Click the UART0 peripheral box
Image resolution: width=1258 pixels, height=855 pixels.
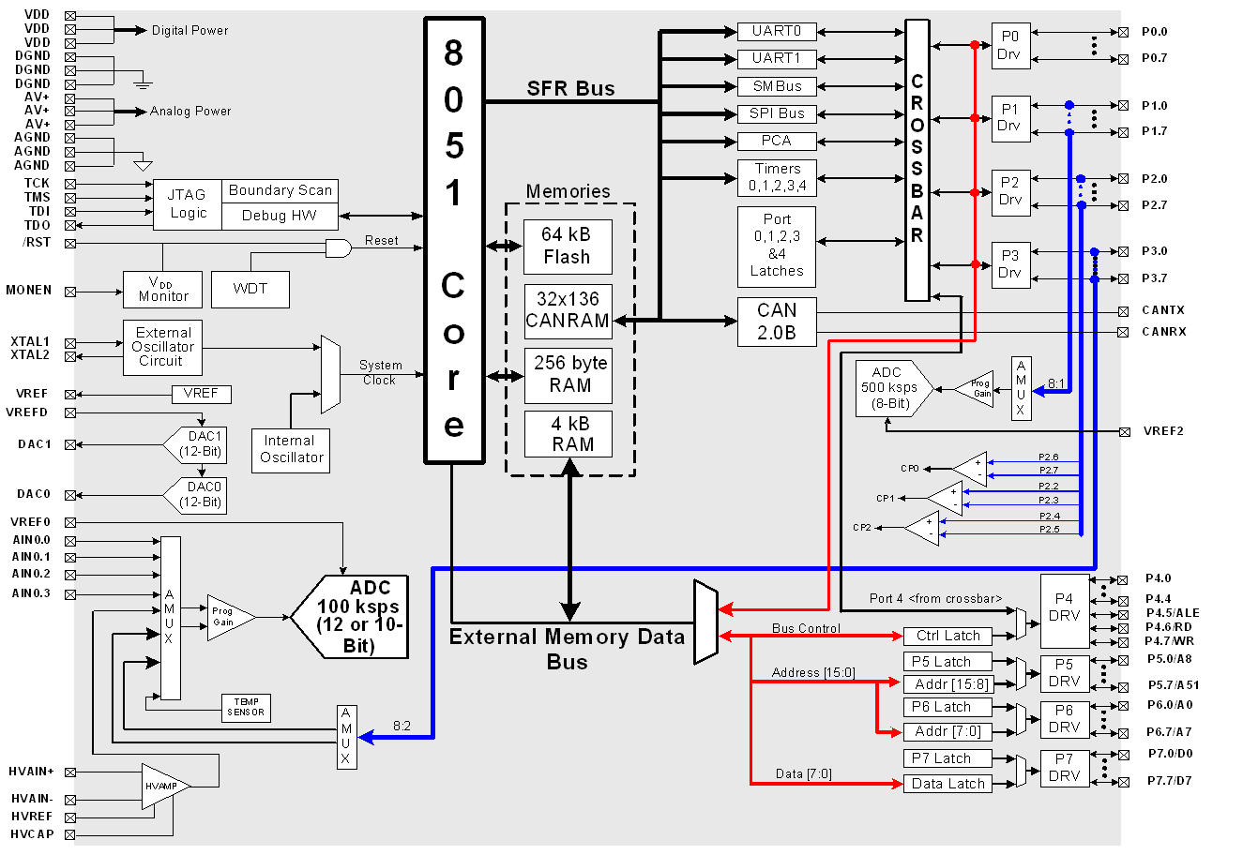tap(777, 32)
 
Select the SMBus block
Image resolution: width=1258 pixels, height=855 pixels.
tap(777, 86)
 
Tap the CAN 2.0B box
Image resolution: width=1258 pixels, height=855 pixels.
tap(777, 322)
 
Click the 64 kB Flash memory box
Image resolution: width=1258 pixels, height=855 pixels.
tap(568, 247)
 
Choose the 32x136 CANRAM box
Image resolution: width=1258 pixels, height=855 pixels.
tap(568, 310)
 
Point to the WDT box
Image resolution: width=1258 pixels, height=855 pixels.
tap(250, 289)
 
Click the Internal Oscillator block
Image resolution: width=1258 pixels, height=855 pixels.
tap(291, 449)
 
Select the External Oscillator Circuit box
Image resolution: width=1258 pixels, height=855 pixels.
tap(163, 347)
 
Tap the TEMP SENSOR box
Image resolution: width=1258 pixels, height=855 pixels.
tap(246, 707)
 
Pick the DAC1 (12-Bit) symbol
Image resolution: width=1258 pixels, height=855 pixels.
tap(198, 444)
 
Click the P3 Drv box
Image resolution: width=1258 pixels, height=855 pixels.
tap(1010, 264)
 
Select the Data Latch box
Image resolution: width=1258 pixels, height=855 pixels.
tap(947, 784)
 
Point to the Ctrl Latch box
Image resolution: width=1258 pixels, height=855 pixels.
tap(947, 636)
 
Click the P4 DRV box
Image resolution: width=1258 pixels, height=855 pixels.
tap(1065, 607)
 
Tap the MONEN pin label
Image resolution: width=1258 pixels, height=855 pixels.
tap(28, 291)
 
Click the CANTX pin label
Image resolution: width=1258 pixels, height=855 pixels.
tap(1163, 310)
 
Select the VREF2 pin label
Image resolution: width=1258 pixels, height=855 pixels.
tap(1163, 431)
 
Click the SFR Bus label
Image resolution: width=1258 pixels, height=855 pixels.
tap(570, 89)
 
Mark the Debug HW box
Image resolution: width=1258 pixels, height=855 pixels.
tap(280, 216)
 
